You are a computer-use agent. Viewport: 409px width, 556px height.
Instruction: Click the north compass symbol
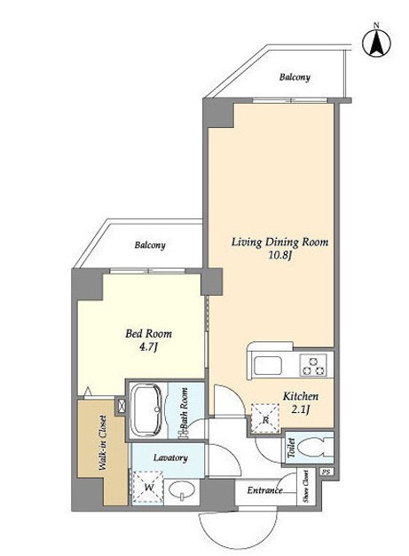click(376, 43)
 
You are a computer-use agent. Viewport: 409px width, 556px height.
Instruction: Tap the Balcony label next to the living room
click(295, 77)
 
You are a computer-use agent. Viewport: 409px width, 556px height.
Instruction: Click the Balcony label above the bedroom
click(150, 245)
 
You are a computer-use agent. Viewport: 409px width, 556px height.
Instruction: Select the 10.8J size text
click(279, 255)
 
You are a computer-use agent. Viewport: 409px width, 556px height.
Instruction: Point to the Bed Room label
click(149, 334)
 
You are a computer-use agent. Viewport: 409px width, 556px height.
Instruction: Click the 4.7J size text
click(148, 347)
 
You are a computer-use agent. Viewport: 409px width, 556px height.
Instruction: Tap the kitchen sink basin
click(268, 365)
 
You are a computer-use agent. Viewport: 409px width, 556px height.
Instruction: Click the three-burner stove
click(312, 365)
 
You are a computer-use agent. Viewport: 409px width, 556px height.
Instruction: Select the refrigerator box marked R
click(265, 418)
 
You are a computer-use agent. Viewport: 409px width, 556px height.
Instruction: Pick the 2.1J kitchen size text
click(301, 410)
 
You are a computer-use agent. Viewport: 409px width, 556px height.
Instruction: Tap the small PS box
click(326, 473)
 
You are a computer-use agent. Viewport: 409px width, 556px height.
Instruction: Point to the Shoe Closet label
click(305, 486)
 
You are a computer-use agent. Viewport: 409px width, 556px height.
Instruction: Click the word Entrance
click(264, 490)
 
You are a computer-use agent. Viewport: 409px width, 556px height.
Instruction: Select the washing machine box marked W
click(148, 488)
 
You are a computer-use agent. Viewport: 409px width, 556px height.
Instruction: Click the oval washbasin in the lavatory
click(182, 490)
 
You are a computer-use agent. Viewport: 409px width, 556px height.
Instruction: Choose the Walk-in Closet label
click(103, 442)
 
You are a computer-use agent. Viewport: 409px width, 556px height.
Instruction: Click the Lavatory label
click(170, 457)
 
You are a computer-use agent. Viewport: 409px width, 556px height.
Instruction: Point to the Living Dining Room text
click(279, 242)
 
